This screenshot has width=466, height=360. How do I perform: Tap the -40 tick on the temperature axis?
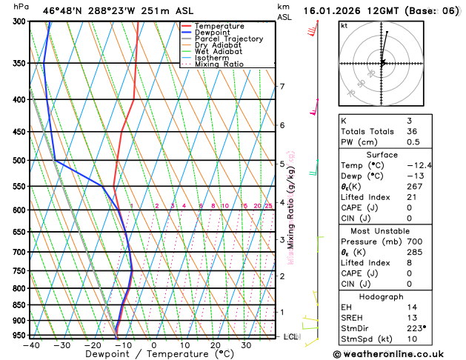30,344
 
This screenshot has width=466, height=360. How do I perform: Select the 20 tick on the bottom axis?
215,344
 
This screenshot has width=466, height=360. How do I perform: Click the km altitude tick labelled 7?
282,87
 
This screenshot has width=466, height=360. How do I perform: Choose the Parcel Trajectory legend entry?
229,39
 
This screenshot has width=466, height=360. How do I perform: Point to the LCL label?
291,336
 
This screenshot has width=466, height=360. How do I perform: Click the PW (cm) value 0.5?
412,141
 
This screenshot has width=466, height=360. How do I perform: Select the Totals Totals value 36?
412,131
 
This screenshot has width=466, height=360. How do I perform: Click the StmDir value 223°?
416,327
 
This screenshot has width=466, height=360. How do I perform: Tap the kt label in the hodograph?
344,25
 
